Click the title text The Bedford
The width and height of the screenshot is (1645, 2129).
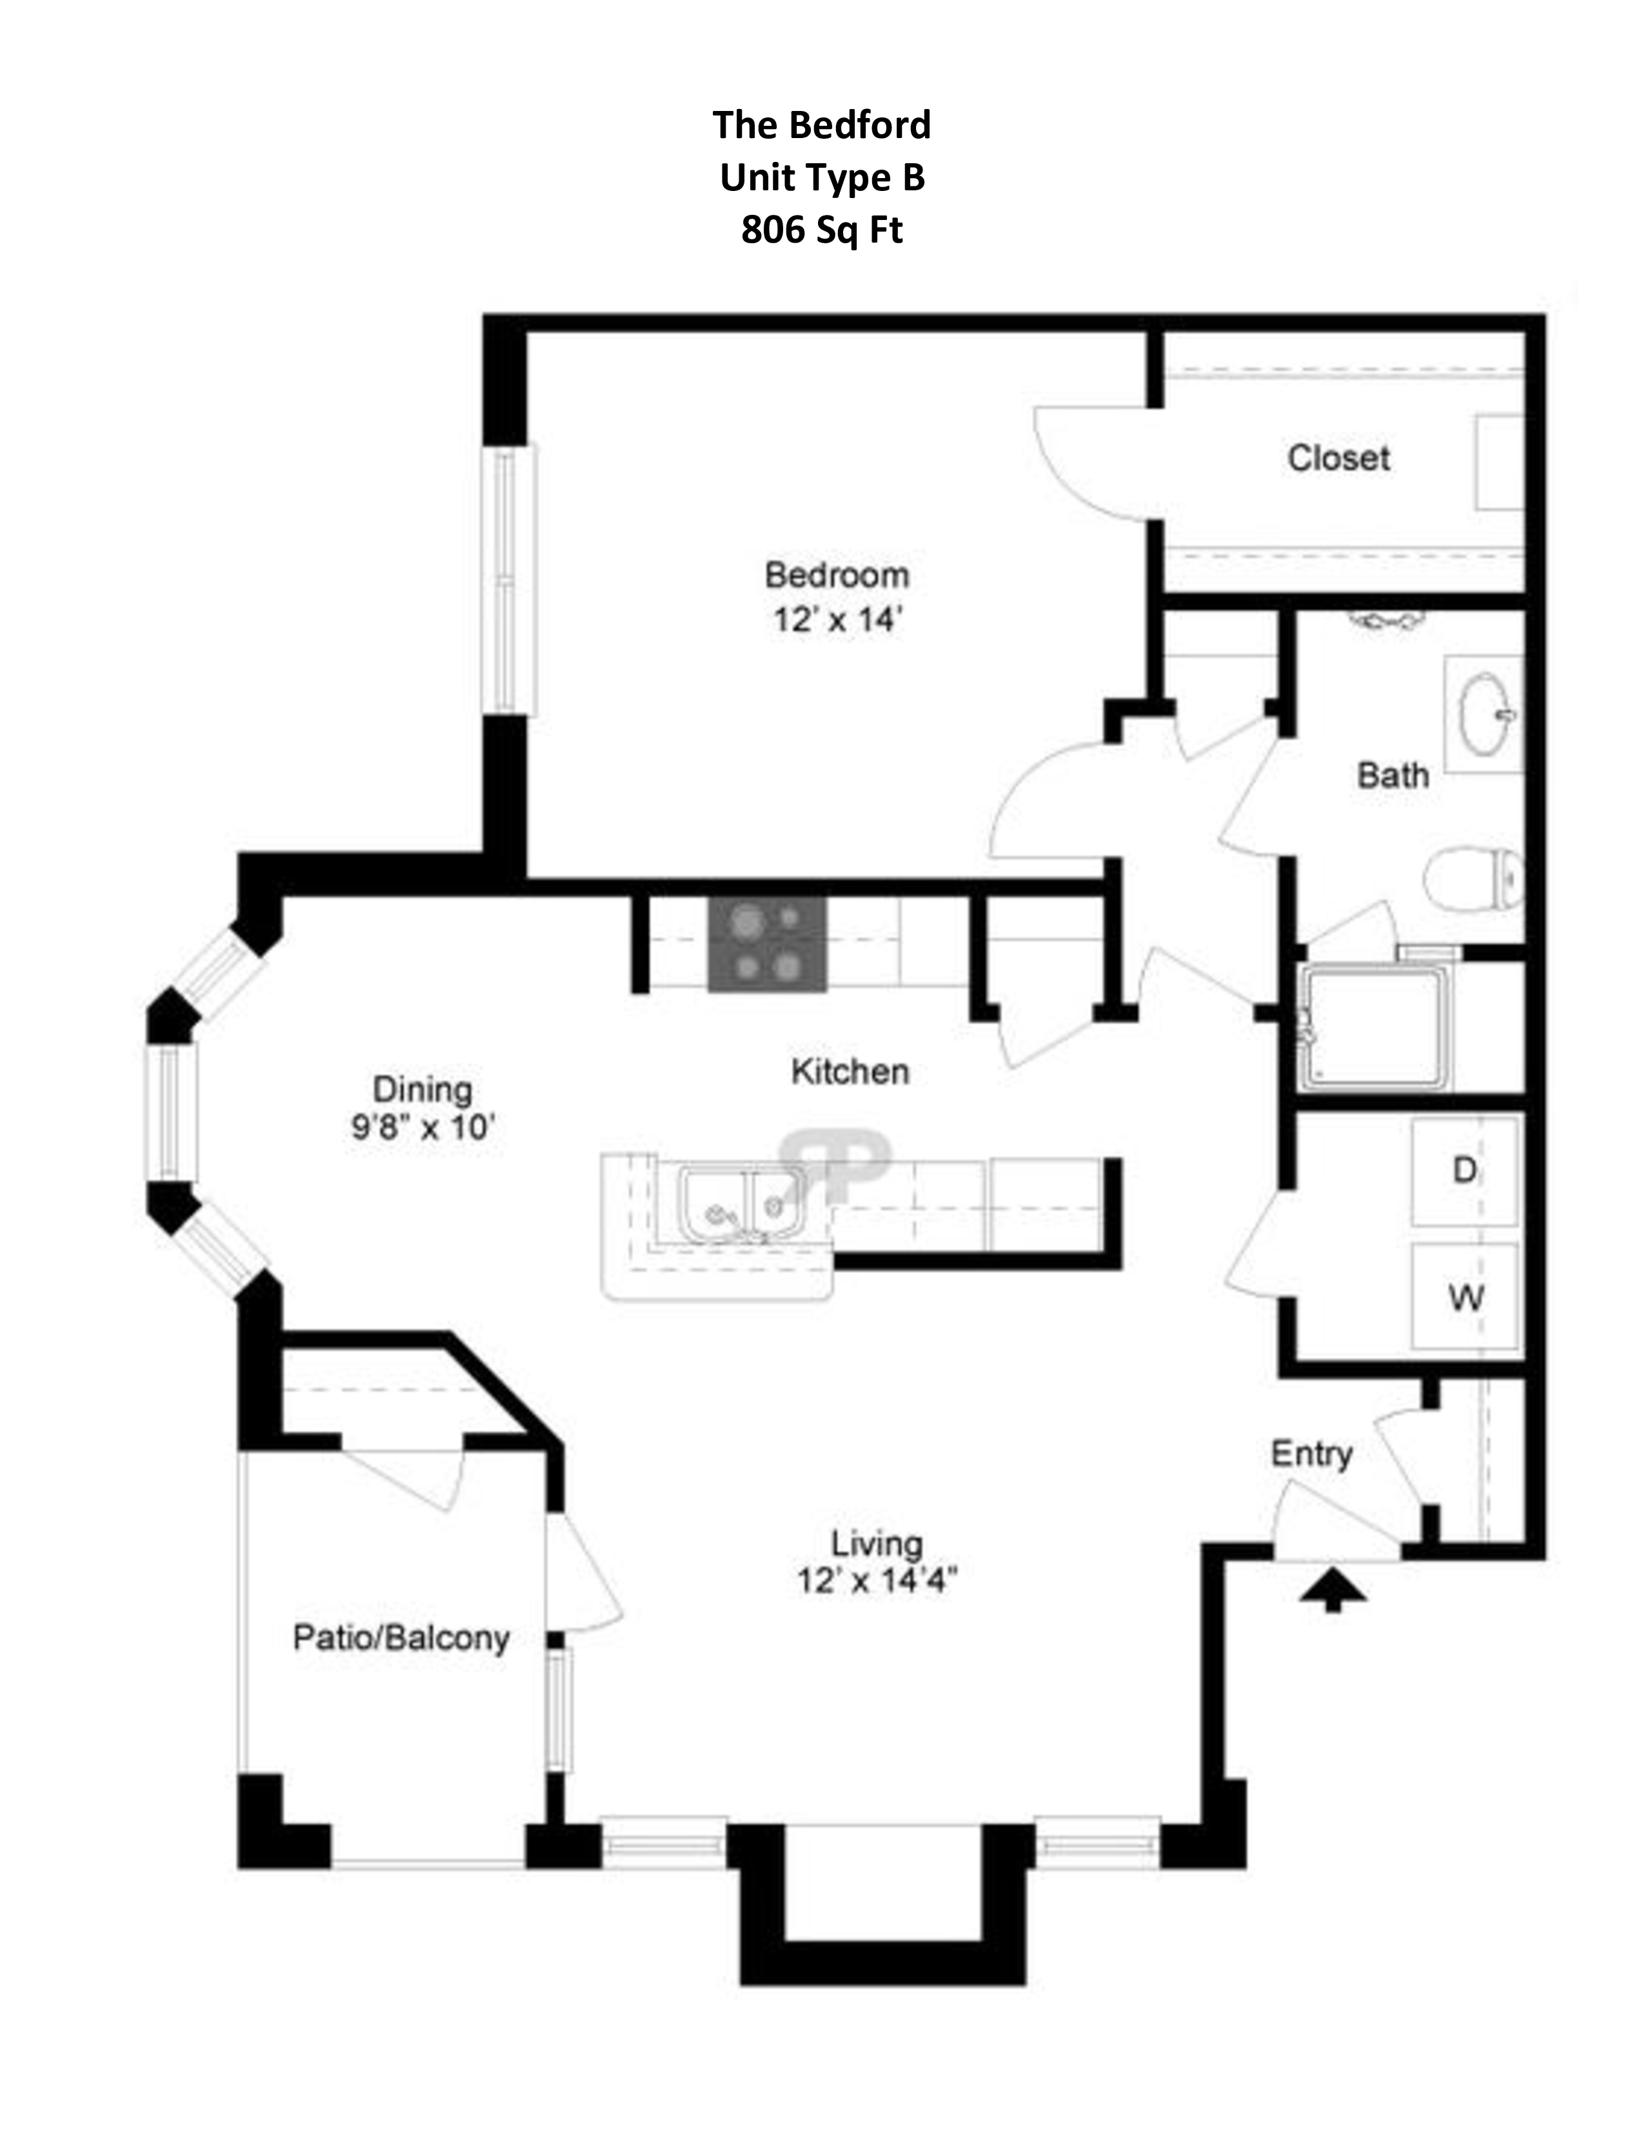click(x=821, y=125)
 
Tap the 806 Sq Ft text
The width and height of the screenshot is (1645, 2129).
click(x=821, y=230)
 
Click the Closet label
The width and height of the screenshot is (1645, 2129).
click(x=1338, y=458)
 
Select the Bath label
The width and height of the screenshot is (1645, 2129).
click(x=1393, y=776)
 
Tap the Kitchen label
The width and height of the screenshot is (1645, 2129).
click(x=850, y=1072)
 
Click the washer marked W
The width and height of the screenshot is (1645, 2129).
click(x=1466, y=1297)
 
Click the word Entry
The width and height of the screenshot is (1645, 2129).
click(x=1311, y=1454)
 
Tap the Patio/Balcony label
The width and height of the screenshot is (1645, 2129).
click(x=401, y=1637)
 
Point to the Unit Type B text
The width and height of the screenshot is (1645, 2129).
click(x=821, y=177)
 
